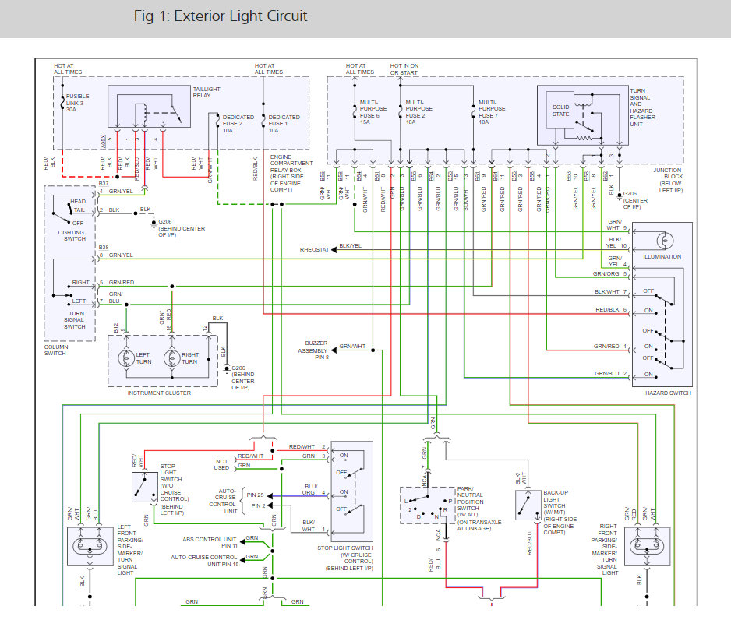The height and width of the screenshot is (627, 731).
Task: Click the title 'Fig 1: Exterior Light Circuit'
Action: tap(221, 16)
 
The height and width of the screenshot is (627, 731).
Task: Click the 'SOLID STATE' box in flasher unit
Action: tap(561, 109)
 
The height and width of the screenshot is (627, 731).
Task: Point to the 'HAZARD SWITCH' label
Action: tap(668, 393)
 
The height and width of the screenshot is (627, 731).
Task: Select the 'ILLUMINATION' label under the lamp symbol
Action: tap(662, 256)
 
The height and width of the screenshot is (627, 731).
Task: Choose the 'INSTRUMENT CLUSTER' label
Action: tap(159, 393)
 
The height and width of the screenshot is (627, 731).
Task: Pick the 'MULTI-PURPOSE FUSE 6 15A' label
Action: tap(371, 111)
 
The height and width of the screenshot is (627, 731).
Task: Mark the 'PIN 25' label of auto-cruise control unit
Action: tap(256, 495)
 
